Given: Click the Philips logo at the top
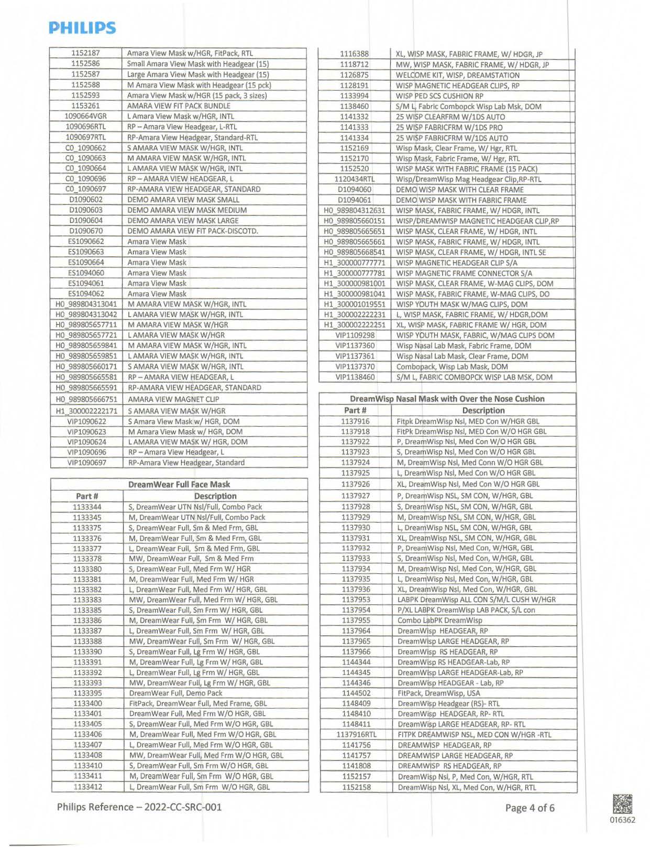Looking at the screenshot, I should (x=82, y=28).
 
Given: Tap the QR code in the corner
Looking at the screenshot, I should (x=622, y=804).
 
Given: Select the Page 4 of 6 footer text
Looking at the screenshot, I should (x=530, y=808).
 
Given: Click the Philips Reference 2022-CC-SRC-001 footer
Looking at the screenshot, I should (x=139, y=807).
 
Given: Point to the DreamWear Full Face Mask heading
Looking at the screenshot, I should (x=179, y=484).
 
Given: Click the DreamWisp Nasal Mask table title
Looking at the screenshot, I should (x=447, y=399).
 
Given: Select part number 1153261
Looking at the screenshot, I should (x=86, y=105).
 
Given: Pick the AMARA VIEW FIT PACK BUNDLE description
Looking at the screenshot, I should (x=179, y=106).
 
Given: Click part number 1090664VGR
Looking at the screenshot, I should (x=86, y=116).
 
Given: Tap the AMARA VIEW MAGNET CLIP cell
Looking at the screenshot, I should (x=173, y=399).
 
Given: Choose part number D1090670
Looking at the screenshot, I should (x=86, y=231).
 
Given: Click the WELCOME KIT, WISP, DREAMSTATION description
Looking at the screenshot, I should (x=458, y=75).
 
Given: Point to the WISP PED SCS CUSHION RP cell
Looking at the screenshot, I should (x=439, y=96).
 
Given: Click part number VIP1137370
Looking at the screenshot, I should (x=355, y=366).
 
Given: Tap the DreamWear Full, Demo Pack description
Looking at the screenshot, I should (x=175, y=693).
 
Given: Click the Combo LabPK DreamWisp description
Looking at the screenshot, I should (x=439, y=620).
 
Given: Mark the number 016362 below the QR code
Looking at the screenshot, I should (x=622, y=820).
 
